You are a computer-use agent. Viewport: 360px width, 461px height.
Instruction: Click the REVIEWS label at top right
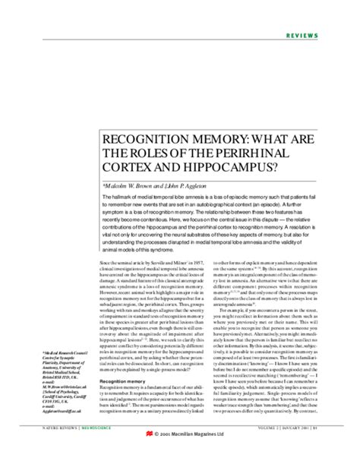(328, 36)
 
